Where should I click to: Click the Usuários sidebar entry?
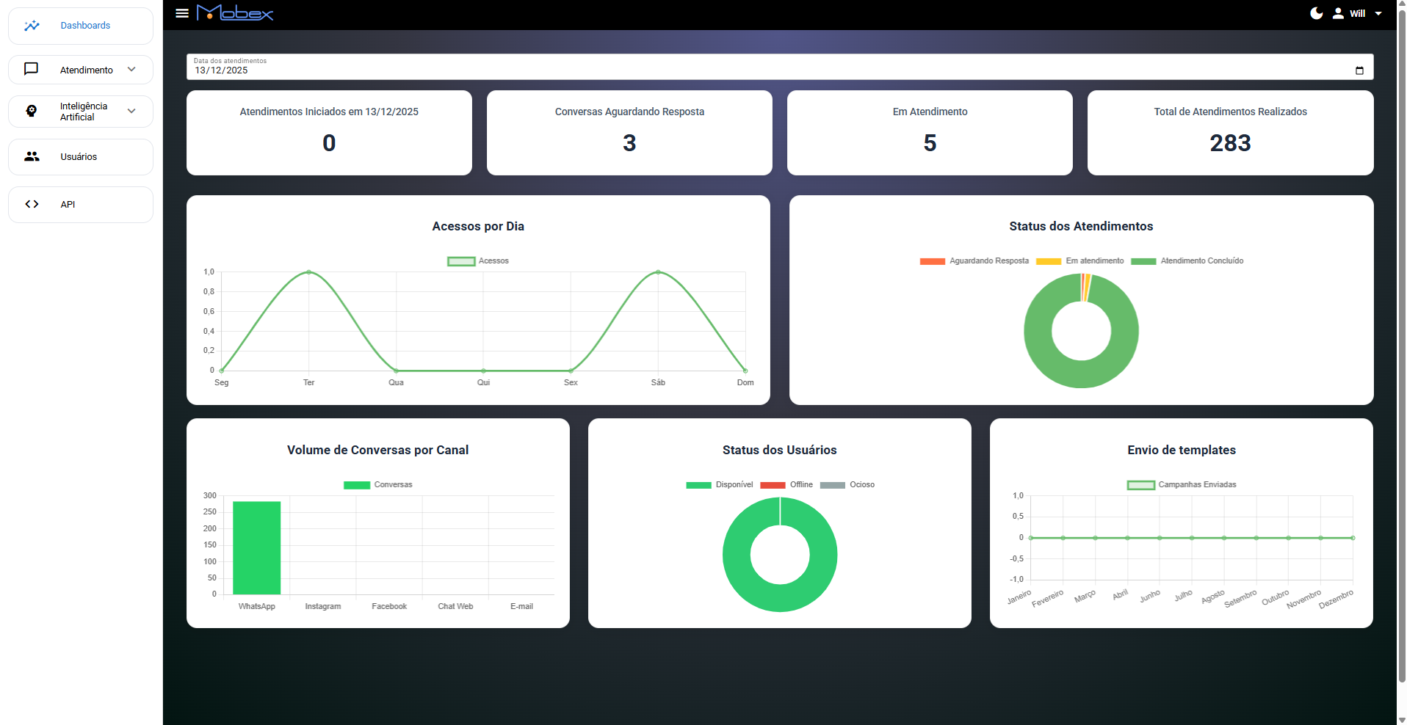79,157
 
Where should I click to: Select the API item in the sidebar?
68,205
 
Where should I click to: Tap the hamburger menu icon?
182,13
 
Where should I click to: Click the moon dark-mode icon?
1317,13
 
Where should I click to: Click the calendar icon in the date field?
1359,70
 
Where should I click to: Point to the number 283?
1230,143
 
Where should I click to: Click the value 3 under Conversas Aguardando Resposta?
629,143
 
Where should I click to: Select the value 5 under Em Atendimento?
930,143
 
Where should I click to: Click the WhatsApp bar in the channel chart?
256,547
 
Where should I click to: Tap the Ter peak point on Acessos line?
308,272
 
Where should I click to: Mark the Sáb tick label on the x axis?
658,382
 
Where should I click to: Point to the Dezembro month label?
1336,600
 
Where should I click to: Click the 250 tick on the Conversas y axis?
210,512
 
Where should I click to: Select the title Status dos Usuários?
779,450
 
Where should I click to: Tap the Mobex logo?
235,13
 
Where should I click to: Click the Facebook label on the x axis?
389,607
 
